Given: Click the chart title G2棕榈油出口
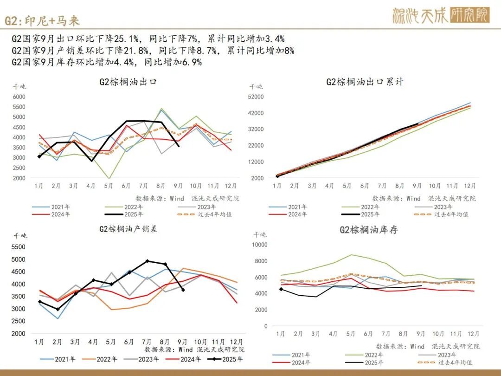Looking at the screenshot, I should (128, 82).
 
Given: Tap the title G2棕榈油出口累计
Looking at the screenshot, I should (365, 82).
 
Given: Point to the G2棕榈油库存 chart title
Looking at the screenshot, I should (369, 230).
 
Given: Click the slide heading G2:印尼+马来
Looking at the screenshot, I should (42, 20).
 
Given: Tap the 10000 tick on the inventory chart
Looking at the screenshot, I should (260, 245).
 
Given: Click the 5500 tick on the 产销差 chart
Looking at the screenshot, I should (19, 247).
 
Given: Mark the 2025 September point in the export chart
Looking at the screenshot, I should (179, 146).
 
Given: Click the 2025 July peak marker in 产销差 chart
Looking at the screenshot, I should (148, 261).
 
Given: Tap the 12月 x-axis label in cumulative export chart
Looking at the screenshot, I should (470, 186).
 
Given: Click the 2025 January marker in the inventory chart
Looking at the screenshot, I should (281, 289).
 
